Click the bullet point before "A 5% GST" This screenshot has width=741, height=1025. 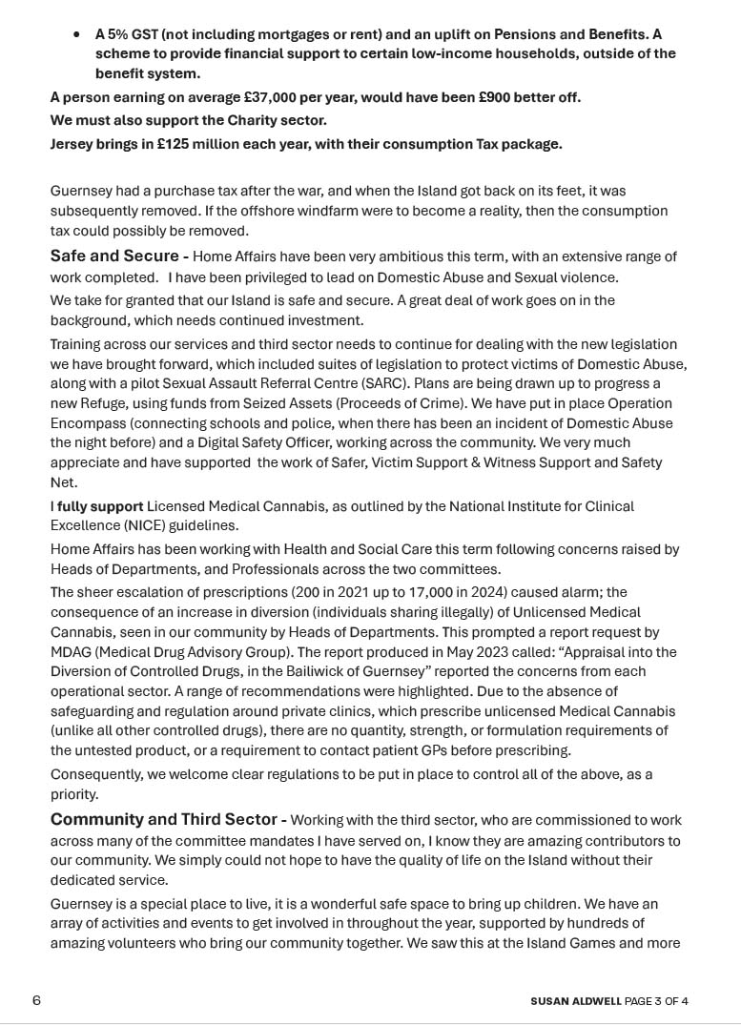click(76, 34)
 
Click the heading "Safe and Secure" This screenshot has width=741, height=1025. click(114, 256)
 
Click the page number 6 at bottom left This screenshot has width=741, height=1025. click(36, 1000)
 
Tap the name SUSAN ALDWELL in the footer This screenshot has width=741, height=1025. click(576, 1001)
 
